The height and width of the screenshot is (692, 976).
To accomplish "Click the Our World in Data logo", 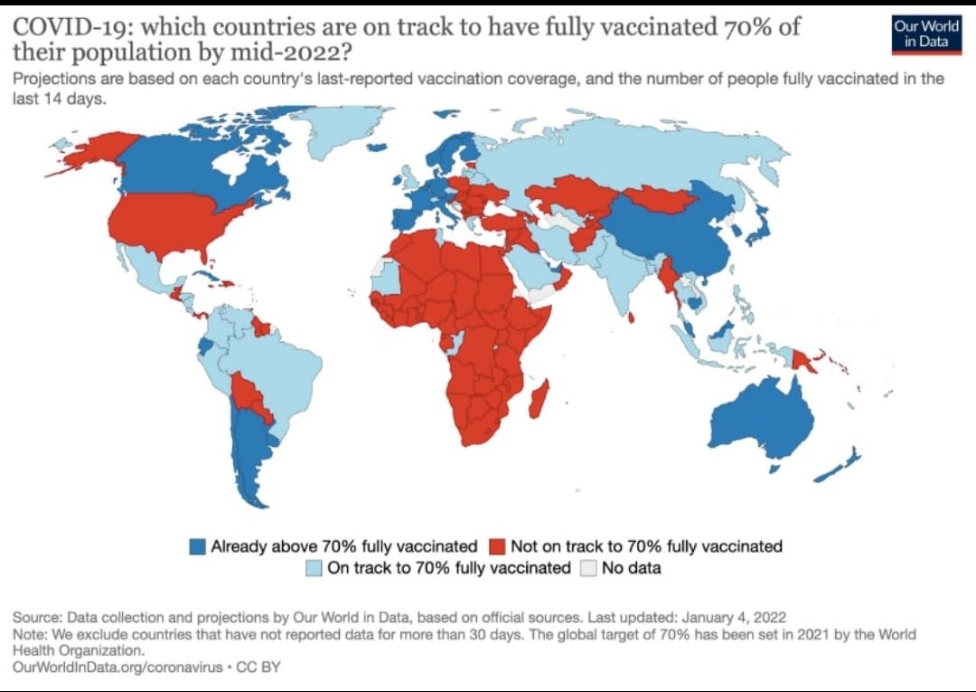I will click(x=926, y=33).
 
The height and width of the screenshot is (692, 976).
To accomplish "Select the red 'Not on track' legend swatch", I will click(x=495, y=546).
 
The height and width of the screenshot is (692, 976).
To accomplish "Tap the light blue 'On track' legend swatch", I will click(x=314, y=569).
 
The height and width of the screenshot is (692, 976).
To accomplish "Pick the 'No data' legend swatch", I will click(x=587, y=569).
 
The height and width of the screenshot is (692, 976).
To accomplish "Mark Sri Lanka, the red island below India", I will click(x=630, y=317).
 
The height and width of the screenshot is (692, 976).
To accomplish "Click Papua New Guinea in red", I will click(x=804, y=361).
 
